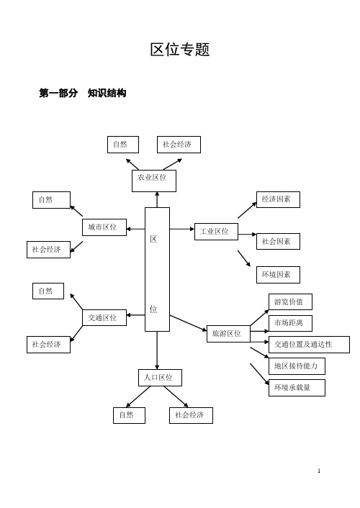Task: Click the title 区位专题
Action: click(180, 50)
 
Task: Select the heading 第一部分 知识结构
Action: click(82, 94)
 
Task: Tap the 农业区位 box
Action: click(154, 181)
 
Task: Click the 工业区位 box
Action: click(216, 231)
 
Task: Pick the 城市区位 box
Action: click(104, 227)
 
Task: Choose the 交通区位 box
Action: click(104, 317)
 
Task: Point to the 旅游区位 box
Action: click(229, 334)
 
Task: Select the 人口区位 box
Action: click(161, 378)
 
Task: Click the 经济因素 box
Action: click(278, 199)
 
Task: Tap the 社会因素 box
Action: click(278, 241)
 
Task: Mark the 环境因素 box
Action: click(278, 275)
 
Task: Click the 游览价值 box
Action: click(291, 302)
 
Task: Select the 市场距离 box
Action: click(291, 323)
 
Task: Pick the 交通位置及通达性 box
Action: click(310, 345)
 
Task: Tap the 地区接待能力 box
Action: click(297, 366)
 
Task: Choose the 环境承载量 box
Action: click(297, 388)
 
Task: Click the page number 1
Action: click(319, 471)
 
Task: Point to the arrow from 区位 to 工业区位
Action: click(182, 229)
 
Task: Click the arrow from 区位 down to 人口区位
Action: click(157, 350)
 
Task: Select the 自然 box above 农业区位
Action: click(123, 145)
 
